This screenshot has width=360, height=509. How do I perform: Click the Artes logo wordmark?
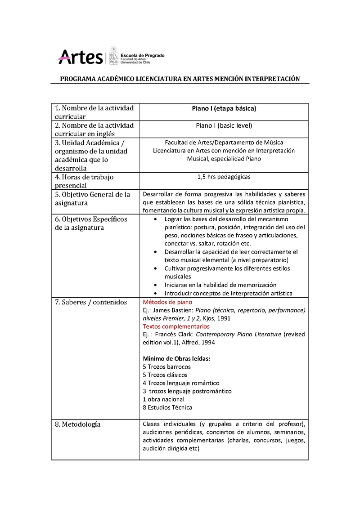click(x=80, y=57)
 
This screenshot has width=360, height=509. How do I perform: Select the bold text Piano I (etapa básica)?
click(x=224, y=108)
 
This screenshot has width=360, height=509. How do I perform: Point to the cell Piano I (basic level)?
click(x=224, y=125)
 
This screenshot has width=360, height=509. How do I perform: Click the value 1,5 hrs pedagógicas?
click(x=224, y=177)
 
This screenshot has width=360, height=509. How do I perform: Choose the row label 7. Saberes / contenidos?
click(x=90, y=302)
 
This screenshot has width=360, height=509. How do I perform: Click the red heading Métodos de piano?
click(x=167, y=302)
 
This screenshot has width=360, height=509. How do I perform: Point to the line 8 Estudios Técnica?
click(x=167, y=407)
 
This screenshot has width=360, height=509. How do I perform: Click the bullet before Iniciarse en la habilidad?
click(x=155, y=285)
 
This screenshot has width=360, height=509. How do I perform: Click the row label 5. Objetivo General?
click(x=92, y=199)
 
